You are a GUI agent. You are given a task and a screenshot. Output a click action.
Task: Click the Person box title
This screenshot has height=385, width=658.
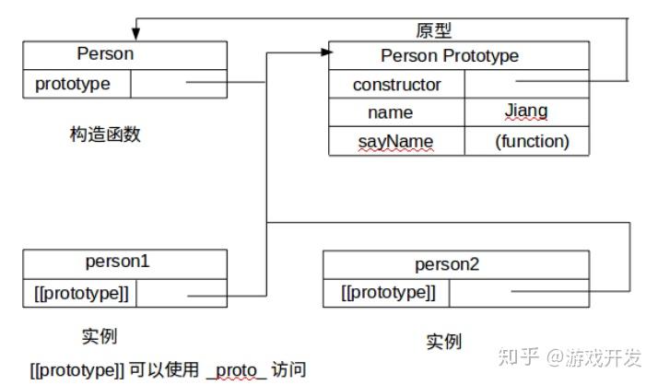104,54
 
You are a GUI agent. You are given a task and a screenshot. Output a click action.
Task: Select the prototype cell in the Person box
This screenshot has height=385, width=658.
73,84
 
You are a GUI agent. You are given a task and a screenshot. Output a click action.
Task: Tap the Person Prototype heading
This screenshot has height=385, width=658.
450,56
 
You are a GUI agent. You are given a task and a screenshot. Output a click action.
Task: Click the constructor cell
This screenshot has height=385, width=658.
396,85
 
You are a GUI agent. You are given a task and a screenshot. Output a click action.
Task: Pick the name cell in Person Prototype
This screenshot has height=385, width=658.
390,113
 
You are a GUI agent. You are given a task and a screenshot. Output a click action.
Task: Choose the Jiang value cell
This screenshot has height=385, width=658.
525,111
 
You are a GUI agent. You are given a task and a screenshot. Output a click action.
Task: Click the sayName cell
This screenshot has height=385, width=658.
395,142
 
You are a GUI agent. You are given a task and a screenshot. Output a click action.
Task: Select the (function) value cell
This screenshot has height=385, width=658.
532,141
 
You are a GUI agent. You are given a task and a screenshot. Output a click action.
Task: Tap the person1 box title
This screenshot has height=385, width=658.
117,262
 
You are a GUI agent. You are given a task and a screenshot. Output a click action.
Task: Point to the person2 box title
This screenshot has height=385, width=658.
447,265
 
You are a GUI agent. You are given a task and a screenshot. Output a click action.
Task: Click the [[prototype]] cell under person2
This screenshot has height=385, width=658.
387,293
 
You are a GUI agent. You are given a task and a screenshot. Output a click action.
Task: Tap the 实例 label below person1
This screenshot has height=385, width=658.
100,335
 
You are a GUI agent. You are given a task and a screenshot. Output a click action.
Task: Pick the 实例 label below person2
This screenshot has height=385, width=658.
443,341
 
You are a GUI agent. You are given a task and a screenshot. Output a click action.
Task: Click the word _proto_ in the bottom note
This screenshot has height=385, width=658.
237,370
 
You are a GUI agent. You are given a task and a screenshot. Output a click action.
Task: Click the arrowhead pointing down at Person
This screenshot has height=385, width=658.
136,35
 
